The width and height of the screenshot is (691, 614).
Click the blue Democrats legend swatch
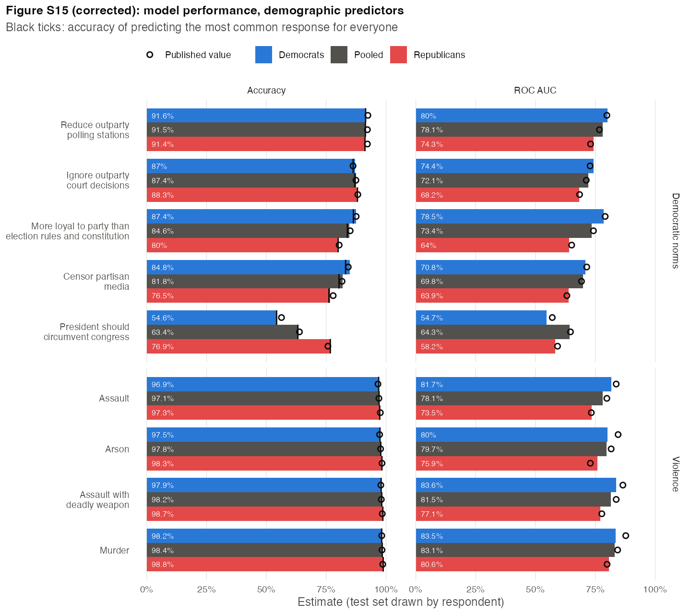click(x=263, y=55)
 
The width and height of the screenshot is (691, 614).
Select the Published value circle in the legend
click(x=150, y=55)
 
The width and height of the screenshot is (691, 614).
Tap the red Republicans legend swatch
click(x=398, y=55)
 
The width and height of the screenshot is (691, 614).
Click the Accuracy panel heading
click(x=266, y=90)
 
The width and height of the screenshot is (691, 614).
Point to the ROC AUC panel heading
click(x=535, y=90)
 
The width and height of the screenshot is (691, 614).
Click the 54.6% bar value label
click(x=162, y=318)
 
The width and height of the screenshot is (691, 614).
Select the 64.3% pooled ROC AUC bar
click(x=492, y=332)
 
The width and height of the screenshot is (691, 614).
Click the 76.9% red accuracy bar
click(x=238, y=346)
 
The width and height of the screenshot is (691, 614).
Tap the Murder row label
click(x=114, y=550)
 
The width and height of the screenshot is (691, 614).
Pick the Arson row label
click(x=117, y=449)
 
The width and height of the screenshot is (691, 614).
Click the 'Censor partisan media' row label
click(x=96, y=281)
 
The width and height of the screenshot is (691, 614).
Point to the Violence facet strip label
click(x=675, y=474)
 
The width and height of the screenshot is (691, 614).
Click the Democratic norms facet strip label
click(x=675, y=231)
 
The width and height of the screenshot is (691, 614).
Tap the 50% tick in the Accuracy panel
click(x=266, y=589)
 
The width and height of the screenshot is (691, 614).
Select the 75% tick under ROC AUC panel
click(x=595, y=589)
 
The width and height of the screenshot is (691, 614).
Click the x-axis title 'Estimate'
click(x=320, y=602)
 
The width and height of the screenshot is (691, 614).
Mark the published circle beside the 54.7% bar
click(x=552, y=318)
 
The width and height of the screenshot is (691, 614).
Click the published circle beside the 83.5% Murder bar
click(x=626, y=536)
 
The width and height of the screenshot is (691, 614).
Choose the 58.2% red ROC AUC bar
click(x=485, y=346)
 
